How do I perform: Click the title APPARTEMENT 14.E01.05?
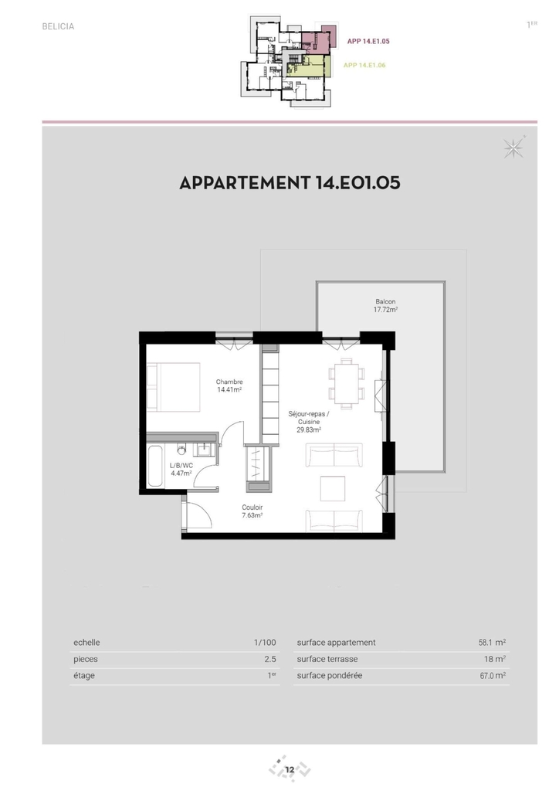(290, 182)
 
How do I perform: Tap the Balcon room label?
(385, 306)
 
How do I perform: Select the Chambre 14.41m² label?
(229, 386)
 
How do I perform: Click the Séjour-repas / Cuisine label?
(309, 422)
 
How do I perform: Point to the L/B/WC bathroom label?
(181, 470)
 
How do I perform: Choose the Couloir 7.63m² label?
(252, 511)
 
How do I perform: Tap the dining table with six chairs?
(347, 383)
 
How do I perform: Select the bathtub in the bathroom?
(155, 466)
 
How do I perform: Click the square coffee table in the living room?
(333, 488)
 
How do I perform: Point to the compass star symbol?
(513, 148)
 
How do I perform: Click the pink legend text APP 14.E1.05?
(368, 42)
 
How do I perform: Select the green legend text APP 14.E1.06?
(364, 65)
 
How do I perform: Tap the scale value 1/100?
(265, 643)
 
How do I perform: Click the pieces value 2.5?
(270, 660)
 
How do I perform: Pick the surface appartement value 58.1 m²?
(492, 643)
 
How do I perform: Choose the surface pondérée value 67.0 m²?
(493, 675)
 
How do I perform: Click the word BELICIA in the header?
(58, 27)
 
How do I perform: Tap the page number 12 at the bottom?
(290, 770)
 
